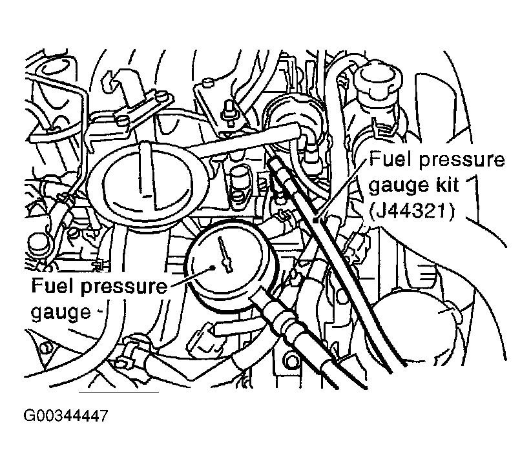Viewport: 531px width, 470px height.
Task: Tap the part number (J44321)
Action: [410, 210]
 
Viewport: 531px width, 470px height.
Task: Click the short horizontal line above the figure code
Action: [118, 392]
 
